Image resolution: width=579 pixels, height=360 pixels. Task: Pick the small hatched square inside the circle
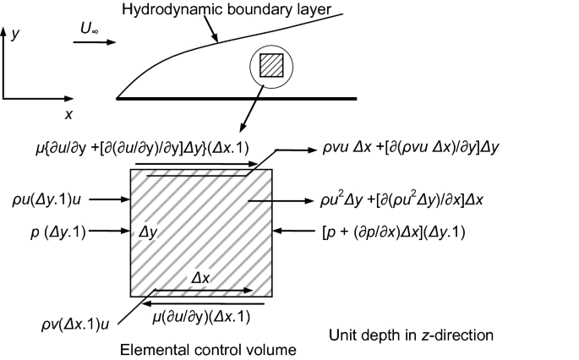tap(270, 67)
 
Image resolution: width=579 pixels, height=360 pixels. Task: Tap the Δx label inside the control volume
tap(202, 277)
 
